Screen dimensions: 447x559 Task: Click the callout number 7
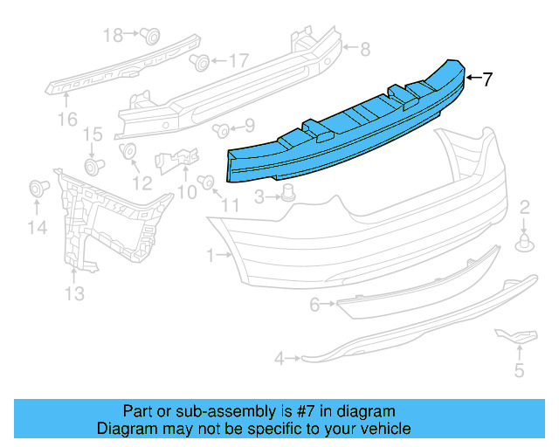click(487, 79)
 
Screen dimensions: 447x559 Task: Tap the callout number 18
click(114, 35)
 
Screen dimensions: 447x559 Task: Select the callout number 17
click(238, 61)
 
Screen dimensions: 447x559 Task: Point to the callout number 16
click(67, 118)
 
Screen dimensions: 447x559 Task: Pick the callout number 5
click(519, 371)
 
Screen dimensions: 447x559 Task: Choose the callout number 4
click(279, 358)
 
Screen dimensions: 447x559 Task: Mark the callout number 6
click(315, 305)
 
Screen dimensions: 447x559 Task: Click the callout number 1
click(210, 256)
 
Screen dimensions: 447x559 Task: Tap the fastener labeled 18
click(150, 36)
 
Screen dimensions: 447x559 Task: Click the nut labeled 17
click(201, 61)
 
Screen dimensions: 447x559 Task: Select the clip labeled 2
click(525, 243)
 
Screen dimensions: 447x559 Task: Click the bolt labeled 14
click(37, 187)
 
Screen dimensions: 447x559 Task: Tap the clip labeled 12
click(128, 152)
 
